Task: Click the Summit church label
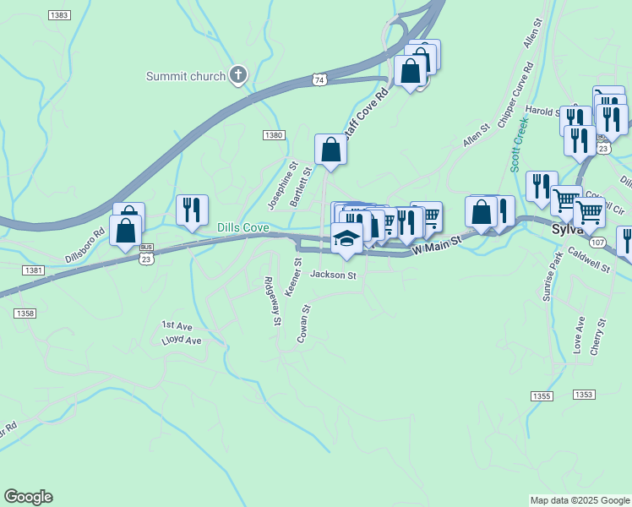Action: pos(186,76)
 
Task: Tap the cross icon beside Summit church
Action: pos(238,75)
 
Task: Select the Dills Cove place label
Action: pos(242,228)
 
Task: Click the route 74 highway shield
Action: pos(319,79)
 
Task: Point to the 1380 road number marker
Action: pos(273,135)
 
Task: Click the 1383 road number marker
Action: pos(59,16)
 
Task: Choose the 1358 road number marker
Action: pos(25,313)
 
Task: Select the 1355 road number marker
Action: pos(542,395)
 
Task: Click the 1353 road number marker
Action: pos(583,395)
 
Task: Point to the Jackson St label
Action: pos(334,275)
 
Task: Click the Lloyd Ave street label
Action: pos(182,341)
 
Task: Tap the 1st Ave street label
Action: pos(178,325)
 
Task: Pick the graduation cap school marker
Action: pos(347,239)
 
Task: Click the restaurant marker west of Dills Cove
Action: pos(192,210)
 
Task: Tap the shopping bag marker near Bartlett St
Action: pos(330,150)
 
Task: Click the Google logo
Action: pos(28,497)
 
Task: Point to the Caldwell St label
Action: pos(589,260)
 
